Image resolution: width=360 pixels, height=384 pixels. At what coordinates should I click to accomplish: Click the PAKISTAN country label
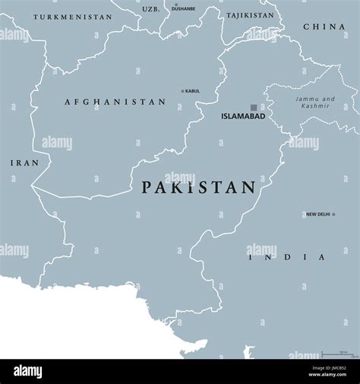[x=197, y=187]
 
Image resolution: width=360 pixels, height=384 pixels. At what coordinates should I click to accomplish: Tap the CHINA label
[x=324, y=27]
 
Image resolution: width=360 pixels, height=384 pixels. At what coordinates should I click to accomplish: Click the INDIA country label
[x=289, y=257]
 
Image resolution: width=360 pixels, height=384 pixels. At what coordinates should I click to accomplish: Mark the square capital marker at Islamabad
[x=254, y=108]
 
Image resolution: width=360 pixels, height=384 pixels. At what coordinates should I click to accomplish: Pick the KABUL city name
[x=193, y=91]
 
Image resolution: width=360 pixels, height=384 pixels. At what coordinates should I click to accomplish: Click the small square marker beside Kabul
[x=182, y=91]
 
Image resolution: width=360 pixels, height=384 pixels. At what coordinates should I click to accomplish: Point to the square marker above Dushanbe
[x=176, y=5]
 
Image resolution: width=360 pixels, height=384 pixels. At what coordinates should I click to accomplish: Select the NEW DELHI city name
[x=318, y=215]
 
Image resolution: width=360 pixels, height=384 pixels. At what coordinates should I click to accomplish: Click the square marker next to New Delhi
[x=303, y=215]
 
